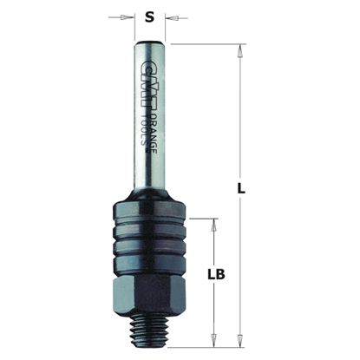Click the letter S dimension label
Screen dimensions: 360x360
click(x=151, y=16)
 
